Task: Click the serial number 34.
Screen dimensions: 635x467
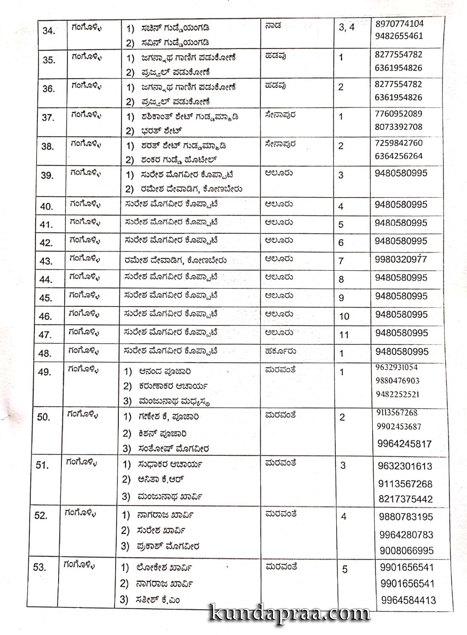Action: click(48, 31)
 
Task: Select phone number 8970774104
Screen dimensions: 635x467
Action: click(399, 24)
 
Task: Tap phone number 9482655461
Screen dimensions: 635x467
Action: click(399, 36)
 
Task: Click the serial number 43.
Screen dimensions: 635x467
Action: click(46, 261)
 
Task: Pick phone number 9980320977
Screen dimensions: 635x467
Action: click(401, 259)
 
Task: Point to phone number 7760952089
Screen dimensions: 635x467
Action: click(398, 114)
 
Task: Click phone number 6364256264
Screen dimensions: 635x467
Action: click(399, 156)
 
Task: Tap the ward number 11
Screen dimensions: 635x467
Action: click(344, 335)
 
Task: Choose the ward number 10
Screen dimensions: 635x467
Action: click(344, 316)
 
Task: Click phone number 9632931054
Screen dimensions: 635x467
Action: click(397, 367)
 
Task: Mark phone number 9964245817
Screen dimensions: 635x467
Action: click(404, 444)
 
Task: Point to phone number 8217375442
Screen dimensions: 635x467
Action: click(405, 499)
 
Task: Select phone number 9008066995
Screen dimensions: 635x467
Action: click(407, 551)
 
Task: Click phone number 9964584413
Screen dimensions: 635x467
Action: click(408, 600)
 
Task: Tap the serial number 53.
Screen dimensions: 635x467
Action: click(39, 567)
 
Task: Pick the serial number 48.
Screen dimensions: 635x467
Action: click(46, 353)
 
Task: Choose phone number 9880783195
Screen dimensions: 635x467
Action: click(406, 517)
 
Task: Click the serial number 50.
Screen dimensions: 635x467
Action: click(43, 417)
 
